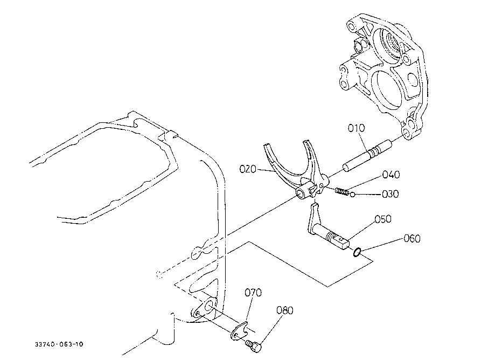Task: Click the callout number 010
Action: coord(357,128)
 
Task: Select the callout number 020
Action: coord(248,169)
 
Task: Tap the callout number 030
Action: coord(390,193)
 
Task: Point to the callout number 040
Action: coord(391,174)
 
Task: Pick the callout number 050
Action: coord(383,219)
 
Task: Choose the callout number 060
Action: coord(412,238)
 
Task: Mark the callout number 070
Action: coord(253,293)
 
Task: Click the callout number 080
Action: coord(285,310)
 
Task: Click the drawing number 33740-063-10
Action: coord(59,344)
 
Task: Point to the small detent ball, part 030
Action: coord(353,194)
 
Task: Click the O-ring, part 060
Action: coord(357,252)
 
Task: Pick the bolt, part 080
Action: coord(254,345)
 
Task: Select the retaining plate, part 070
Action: coord(239,331)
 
